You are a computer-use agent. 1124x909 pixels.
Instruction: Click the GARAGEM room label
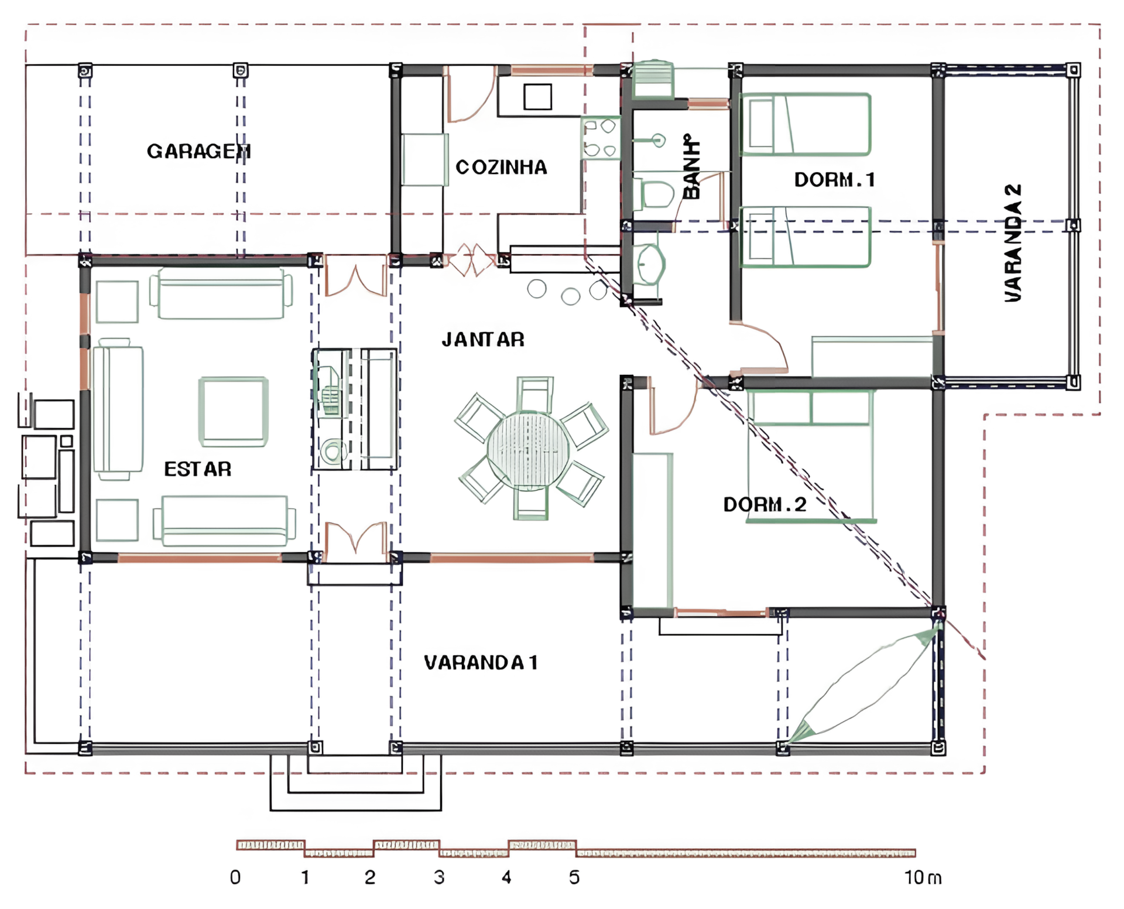[198, 151]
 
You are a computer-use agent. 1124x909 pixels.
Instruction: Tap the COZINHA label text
[501, 168]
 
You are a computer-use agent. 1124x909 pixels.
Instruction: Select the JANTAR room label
[483, 340]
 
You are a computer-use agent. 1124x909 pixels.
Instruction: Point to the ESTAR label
[198, 469]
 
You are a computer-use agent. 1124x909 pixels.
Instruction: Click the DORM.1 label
[835, 180]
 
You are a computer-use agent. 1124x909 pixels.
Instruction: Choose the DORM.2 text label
[765, 504]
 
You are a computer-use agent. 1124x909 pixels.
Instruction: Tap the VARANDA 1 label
[481, 662]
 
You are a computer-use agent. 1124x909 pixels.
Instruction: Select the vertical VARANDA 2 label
[1013, 243]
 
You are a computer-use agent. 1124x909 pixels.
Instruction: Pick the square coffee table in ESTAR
[234, 412]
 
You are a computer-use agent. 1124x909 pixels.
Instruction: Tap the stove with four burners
[601, 138]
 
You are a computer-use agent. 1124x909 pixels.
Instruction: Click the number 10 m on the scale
[923, 877]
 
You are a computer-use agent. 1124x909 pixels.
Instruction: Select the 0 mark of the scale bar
[235, 877]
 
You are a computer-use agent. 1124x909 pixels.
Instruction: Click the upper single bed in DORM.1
[806, 125]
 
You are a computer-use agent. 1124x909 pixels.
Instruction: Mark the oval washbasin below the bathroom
[650, 264]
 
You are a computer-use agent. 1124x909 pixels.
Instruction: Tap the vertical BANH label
[691, 167]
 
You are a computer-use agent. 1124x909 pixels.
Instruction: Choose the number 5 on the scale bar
[574, 877]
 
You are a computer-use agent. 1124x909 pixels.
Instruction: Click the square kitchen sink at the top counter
[537, 97]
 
